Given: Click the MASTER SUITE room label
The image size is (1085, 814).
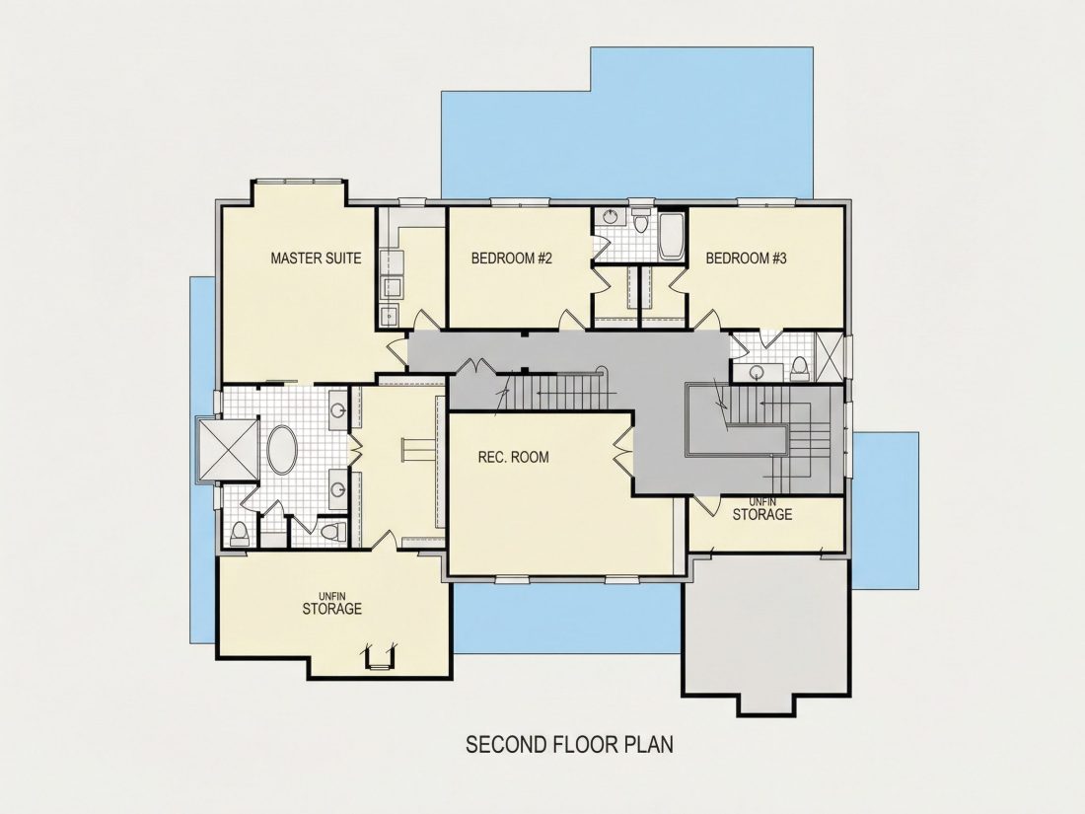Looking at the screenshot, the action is [x=316, y=259].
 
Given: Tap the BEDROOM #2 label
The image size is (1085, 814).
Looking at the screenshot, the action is [x=511, y=259].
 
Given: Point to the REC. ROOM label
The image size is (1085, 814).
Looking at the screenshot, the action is [x=514, y=457].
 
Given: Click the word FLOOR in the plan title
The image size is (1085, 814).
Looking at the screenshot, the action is [x=587, y=745].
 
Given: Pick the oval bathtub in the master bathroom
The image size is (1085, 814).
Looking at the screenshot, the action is [x=282, y=450].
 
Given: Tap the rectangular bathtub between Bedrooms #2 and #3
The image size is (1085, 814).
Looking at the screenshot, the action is [x=671, y=237].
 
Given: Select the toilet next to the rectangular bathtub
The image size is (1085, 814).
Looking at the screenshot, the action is [x=641, y=221].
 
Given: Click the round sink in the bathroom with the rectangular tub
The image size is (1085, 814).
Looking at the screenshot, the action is [x=610, y=217].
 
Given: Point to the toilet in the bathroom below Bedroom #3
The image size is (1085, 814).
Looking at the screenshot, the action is [x=799, y=367].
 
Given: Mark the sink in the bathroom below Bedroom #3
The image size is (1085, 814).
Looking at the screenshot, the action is [x=757, y=373].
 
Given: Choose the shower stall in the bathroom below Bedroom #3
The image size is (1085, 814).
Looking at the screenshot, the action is [x=829, y=357].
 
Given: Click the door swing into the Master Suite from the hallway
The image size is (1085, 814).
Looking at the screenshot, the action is [x=396, y=351].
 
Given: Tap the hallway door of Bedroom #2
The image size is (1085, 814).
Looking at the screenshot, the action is [x=571, y=319].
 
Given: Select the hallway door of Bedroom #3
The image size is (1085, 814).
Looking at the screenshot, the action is [x=707, y=319].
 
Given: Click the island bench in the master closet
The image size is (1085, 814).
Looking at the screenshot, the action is [x=418, y=450].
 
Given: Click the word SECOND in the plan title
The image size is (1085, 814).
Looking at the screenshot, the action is [x=507, y=745].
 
